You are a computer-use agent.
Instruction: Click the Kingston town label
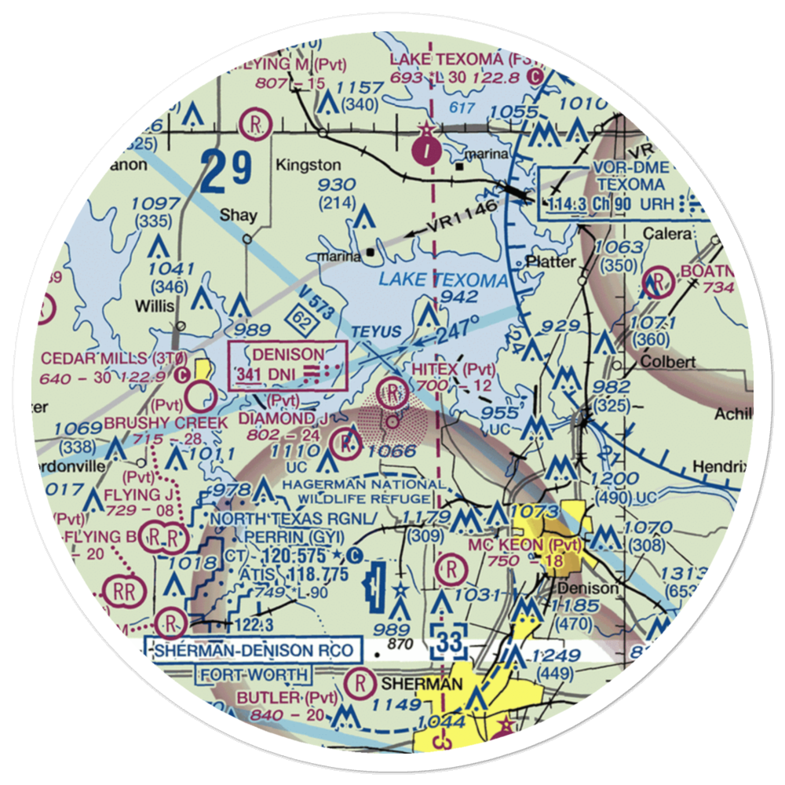click(x=308, y=166)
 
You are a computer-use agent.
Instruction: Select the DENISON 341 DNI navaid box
click(x=287, y=364)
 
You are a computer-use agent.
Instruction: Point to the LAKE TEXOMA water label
click(x=443, y=280)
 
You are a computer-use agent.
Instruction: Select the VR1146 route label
click(x=464, y=218)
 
